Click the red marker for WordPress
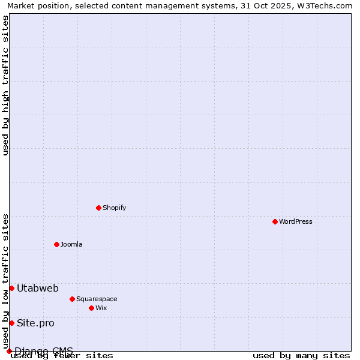tap(275, 221)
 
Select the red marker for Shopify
tap(98, 208)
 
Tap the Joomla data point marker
tap(56, 244)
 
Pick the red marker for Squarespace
tap(72, 299)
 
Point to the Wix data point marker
tap(91, 308)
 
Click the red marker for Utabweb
tap(11, 288)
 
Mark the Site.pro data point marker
tap(11, 323)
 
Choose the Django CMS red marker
tap(9, 351)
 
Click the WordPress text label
tap(296, 221)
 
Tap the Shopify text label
tap(114, 208)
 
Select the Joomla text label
tap(71, 244)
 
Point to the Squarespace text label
tap(97, 299)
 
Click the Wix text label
tap(101, 308)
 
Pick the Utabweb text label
tap(38, 288)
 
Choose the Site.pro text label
tap(35, 323)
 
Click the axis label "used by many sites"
tap(301, 356)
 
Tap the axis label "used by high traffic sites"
tap(5, 85)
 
